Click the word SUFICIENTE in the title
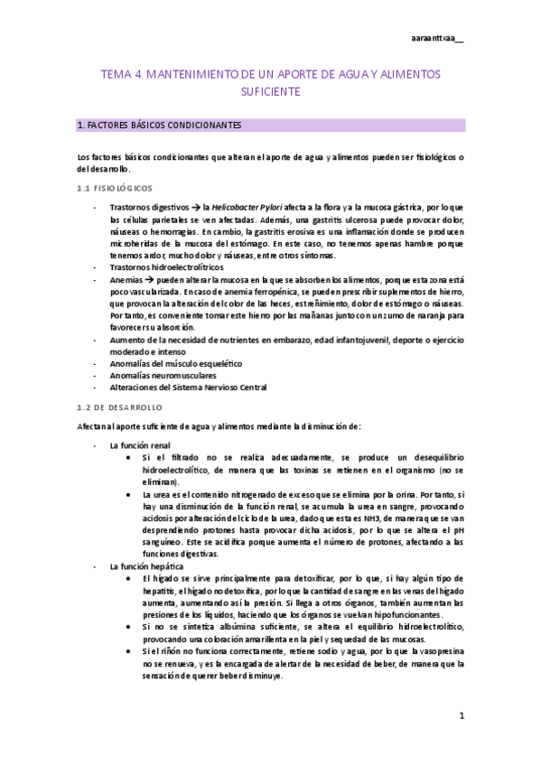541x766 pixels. (x=271, y=91)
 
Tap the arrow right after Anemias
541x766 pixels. (x=147, y=281)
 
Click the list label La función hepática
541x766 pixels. (x=143, y=565)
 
